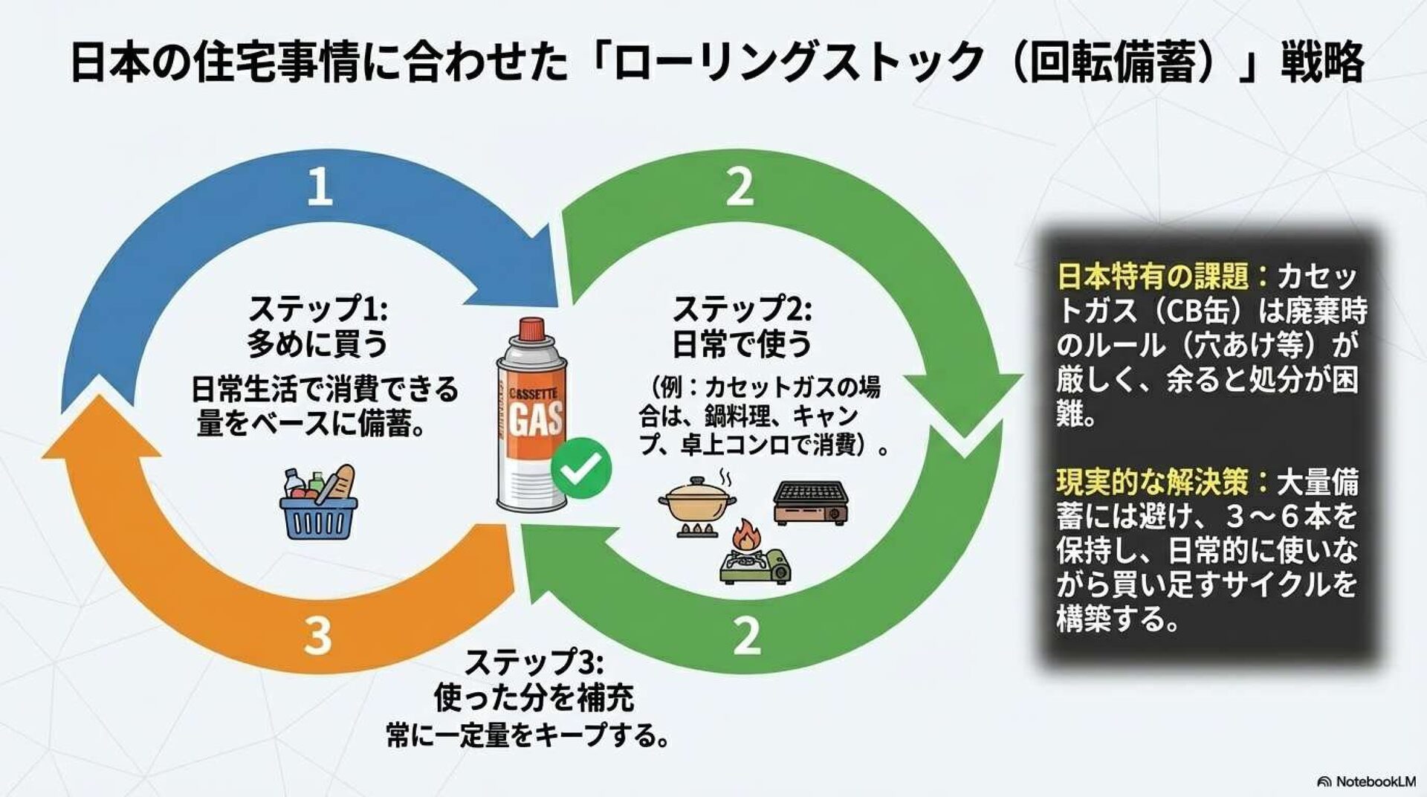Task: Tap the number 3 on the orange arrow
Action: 317,636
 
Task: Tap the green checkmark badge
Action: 581,468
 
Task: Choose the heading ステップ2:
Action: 742,307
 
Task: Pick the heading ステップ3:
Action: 533,661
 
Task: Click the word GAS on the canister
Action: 536,418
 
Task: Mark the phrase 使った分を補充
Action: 533,697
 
